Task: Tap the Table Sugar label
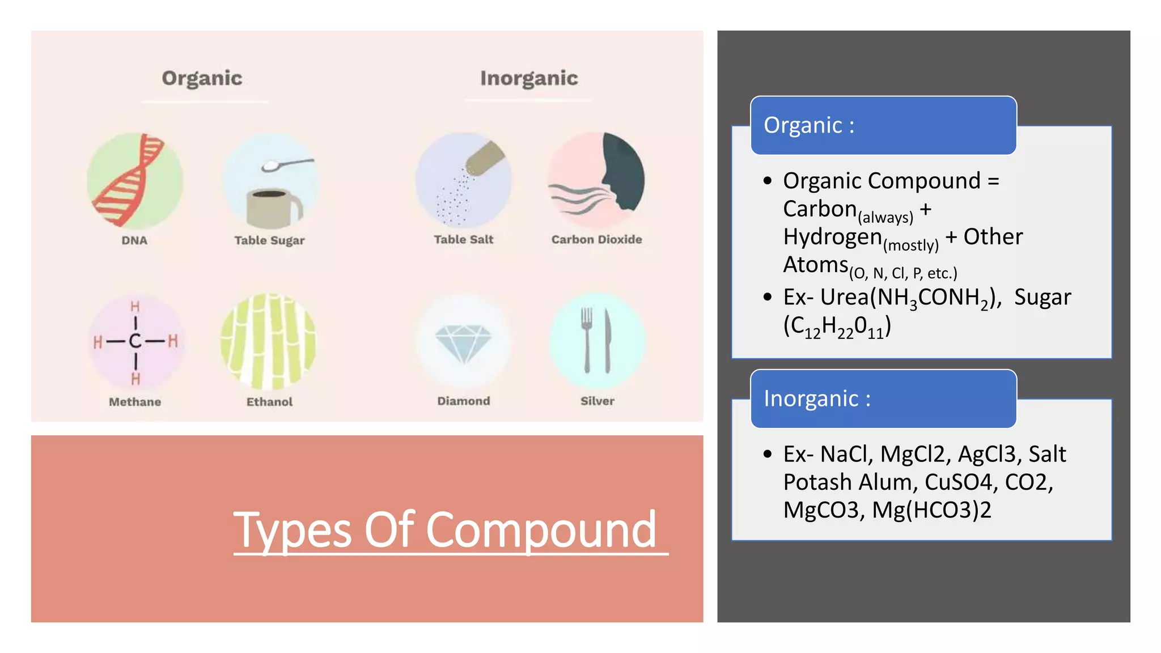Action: pyautogui.click(x=269, y=240)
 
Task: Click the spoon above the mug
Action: pyautogui.click(x=286, y=164)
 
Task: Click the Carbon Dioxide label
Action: pyautogui.click(x=596, y=240)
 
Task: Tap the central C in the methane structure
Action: pyautogui.click(x=135, y=341)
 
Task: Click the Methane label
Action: pyautogui.click(x=135, y=402)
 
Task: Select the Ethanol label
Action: pyautogui.click(x=269, y=402)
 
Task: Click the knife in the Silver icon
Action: pyautogui.click(x=608, y=340)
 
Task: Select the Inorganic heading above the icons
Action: pyautogui.click(x=529, y=78)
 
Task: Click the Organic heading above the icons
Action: pyautogui.click(x=202, y=78)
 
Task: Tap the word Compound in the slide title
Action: pyautogui.click(x=541, y=530)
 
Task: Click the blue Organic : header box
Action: pyautogui.click(x=883, y=125)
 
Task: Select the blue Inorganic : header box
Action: pyautogui.click(x=883, y=398)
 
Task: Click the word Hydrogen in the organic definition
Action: pyautogui.click(x=832, y=237)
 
